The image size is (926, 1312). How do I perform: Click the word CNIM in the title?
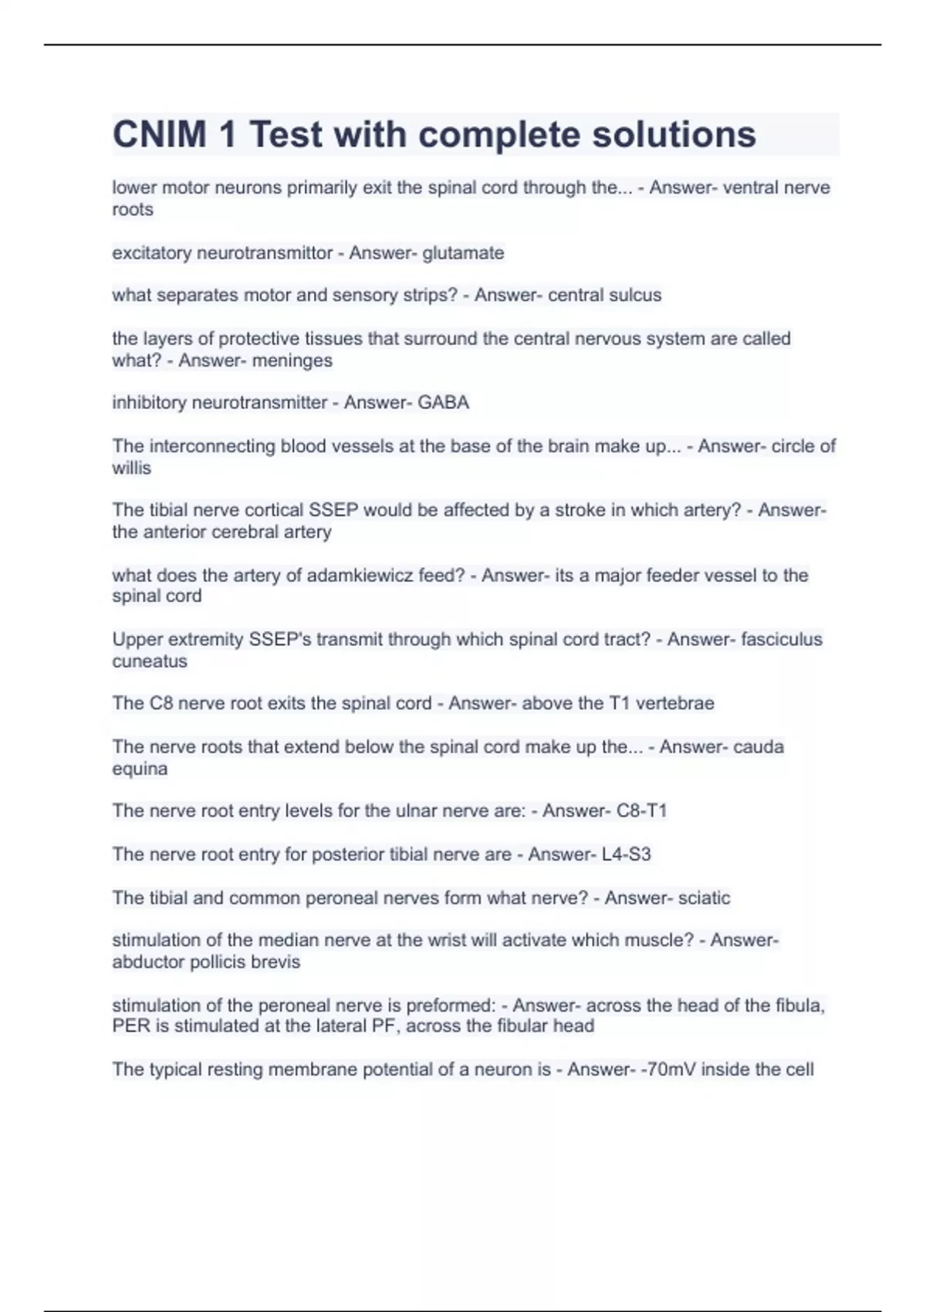click(x=159, y=134)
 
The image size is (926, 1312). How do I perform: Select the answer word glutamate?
click(x=463, y=253)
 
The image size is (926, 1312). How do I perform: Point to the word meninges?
click(x=293, y=360)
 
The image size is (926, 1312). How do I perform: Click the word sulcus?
click(x=636, y=295)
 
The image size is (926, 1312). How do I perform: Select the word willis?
click(x=131, y=468)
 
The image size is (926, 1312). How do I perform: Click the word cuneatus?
click(x=150, y=661)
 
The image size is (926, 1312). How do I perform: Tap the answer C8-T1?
click(x=641, y=811)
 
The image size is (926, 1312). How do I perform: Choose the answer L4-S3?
click(x=626, y=854)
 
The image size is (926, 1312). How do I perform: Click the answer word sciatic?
click(x=704, y=898)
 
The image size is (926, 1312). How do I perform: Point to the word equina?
click(x=140, y=769)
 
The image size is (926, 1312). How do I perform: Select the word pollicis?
click(x=209, y=962)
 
